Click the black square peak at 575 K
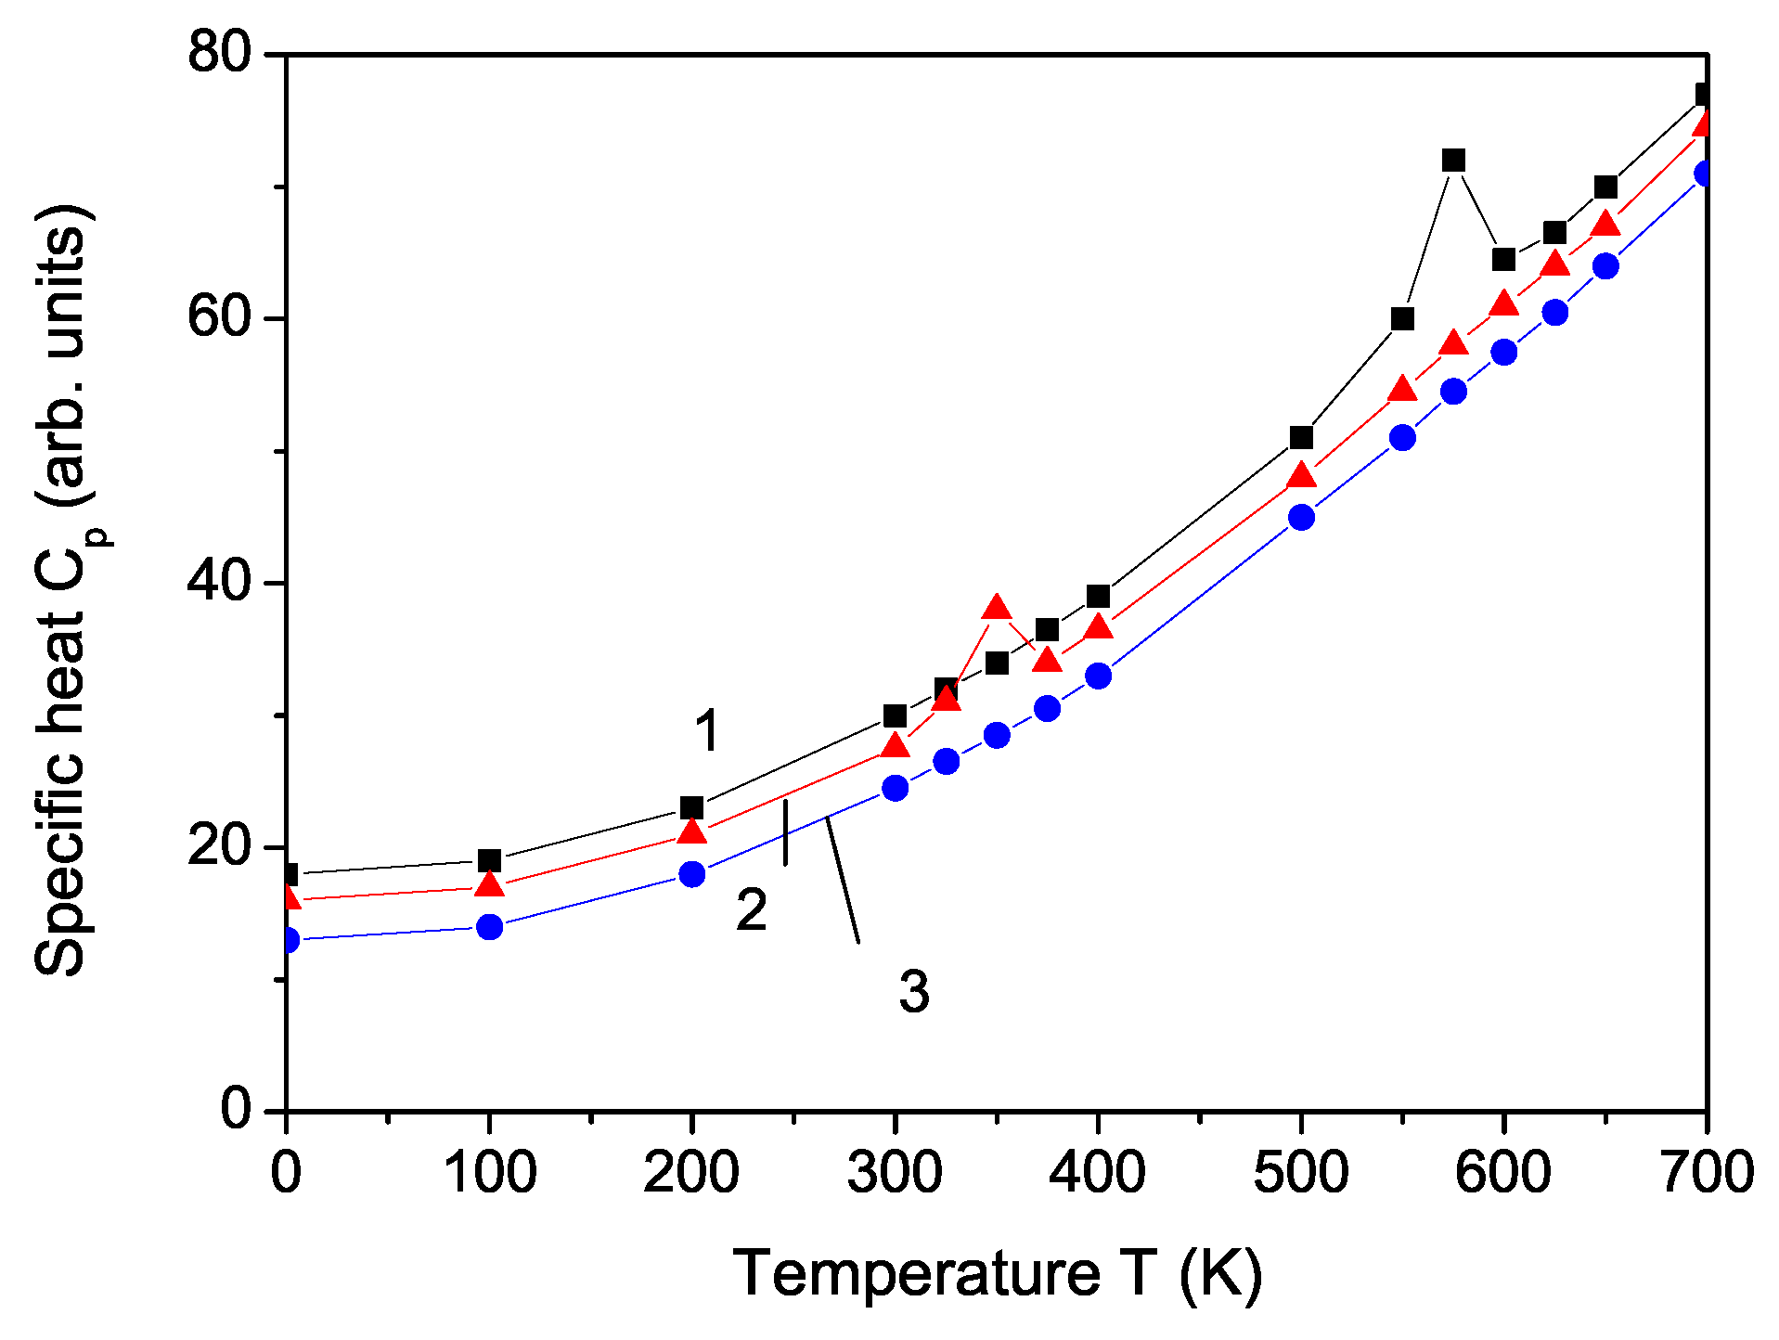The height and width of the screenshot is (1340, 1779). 1453,161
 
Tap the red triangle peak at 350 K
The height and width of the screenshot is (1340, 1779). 997,609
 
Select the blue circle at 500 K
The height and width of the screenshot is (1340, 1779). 1301,517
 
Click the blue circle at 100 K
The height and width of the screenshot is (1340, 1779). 489,927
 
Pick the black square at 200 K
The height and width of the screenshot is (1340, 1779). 691,807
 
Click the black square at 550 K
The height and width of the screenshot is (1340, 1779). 1402,319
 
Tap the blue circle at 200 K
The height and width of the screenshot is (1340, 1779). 691,874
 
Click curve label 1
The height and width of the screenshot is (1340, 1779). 707,731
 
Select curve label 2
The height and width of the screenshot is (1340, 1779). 752,909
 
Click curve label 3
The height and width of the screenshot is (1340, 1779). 914,991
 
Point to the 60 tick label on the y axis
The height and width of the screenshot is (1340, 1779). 220,317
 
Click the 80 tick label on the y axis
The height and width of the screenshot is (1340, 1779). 220,53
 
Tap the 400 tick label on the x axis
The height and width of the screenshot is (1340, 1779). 1097,1171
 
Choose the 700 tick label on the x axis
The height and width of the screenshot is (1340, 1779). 1706,1171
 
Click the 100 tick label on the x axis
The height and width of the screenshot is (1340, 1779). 489,1171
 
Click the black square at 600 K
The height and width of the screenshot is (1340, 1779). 1503,260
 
